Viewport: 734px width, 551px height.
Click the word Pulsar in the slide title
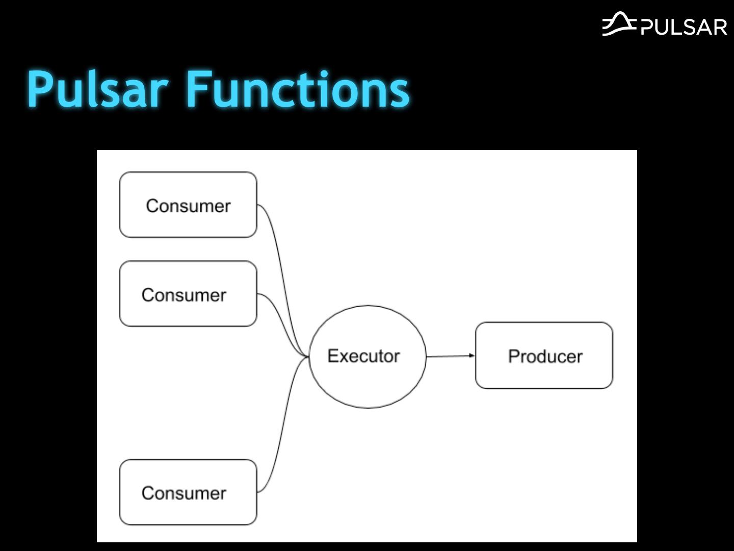point(97,89)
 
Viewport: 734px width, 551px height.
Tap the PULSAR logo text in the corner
point(684,27)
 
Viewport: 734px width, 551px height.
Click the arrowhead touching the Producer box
point(472,356)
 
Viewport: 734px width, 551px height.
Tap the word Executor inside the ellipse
point(363,356)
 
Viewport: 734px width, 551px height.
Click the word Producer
point(545,357)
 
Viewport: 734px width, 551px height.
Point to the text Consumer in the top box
point(188,206)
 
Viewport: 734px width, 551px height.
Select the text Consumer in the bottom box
point(183,493)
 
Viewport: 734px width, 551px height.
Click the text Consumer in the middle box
point(183,295)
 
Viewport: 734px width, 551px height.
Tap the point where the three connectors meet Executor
point(308,356)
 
